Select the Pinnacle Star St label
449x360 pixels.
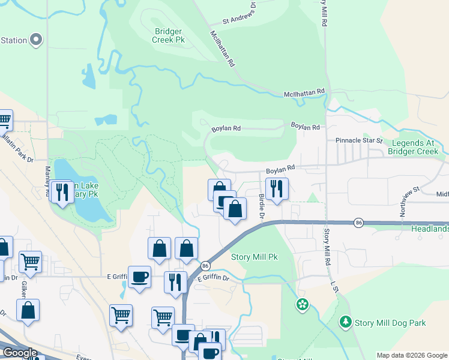pos(359,140)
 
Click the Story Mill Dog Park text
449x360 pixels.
pos(390,323)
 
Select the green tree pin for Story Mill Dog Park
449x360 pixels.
pos(345,322)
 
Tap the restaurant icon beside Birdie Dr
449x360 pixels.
pos(277,188)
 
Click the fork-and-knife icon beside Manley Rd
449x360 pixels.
pos(62,192)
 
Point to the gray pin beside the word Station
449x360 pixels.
pos(37,40)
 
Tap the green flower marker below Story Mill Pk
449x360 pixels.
pos(303,305)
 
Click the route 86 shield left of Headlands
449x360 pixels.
pos(358,223)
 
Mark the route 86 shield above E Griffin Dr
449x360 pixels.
pos(205,265)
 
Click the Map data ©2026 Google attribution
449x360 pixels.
pos(412,355)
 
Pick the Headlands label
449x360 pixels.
pos(430,229)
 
